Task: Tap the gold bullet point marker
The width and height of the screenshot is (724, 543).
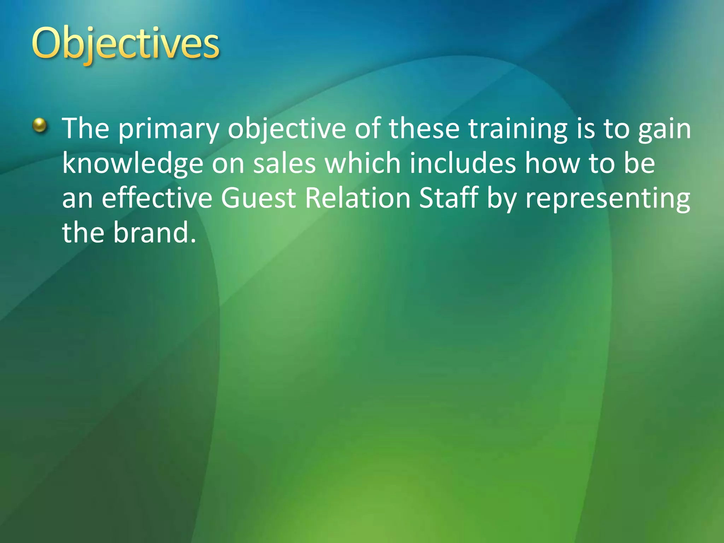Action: point(40,125)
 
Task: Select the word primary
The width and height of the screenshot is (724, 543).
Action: point(168,129)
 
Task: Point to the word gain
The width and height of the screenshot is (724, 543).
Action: point(665,129)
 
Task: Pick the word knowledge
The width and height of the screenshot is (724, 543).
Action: point(133,164)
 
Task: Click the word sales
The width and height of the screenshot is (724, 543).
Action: point(284,163)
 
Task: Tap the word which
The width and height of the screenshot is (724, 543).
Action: point(363,163)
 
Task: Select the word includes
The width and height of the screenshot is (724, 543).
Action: point(463,163)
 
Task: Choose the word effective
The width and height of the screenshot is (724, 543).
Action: point(157,198)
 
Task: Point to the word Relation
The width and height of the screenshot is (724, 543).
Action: point(358,198)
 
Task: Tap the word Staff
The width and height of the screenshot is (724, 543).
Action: point(448,198)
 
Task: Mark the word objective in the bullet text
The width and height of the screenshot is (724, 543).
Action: point(287,129)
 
